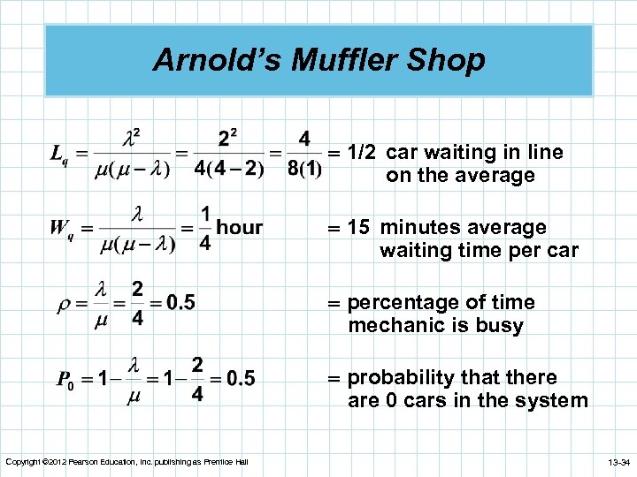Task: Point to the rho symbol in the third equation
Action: pos(64,304)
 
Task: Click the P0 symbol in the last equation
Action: pos(64,380)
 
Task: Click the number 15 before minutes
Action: pos(358,228)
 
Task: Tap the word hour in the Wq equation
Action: pos(240,227)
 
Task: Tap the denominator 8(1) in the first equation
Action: pos(303,169)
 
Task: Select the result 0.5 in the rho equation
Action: pos(180,303)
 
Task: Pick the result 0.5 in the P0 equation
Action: pos(240,379)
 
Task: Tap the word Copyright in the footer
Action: pos(22,462)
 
